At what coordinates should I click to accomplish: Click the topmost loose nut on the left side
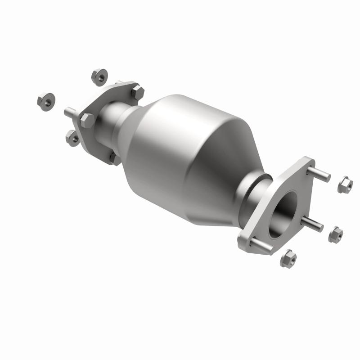click(99, 77)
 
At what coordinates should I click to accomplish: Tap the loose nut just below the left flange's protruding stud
click(72, 138)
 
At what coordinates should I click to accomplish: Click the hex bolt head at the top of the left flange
click(137, 92)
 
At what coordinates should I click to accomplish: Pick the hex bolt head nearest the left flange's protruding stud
click(87, 120)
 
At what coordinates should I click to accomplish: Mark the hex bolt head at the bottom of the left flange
click(114, 158)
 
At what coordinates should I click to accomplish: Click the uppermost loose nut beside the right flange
click(345, 184)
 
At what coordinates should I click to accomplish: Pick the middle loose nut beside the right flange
click(335, 234)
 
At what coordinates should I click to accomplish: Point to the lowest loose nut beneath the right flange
click(288, 259)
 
